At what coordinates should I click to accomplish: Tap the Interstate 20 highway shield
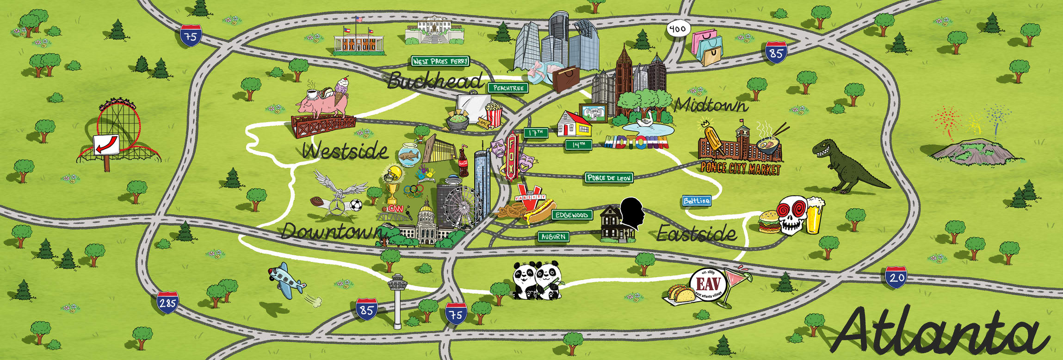click(x=896, y=277)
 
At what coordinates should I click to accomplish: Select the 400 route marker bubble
click(x=678, y=29)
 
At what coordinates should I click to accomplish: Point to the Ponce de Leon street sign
click(x=609, y=178)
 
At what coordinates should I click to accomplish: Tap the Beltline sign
click(x=697, y=201)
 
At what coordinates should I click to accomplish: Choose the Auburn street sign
click(x=553, y=237)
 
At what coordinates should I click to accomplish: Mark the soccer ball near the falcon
click(x=355, y=205)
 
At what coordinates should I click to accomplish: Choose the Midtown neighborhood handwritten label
click(x=711, y=106)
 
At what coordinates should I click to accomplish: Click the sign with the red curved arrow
click(x=106, y=145)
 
